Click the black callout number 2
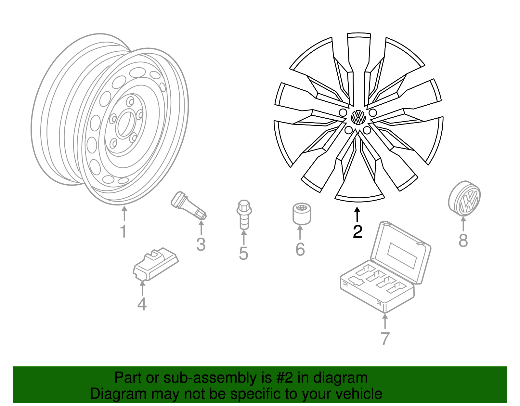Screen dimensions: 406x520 (357, 231)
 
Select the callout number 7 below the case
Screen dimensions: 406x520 (385, 339)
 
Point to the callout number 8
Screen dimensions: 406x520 (463, 241)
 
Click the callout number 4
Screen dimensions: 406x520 (142, 304)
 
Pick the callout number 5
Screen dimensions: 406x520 (243, 254)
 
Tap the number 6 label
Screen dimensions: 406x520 (300, 249)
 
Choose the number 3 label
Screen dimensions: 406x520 (201, 244)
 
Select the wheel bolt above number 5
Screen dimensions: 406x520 (244, 215)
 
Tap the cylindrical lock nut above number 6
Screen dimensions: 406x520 (301, 214)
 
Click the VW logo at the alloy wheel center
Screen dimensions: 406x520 (358, 117)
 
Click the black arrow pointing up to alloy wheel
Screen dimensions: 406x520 (357, 214)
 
